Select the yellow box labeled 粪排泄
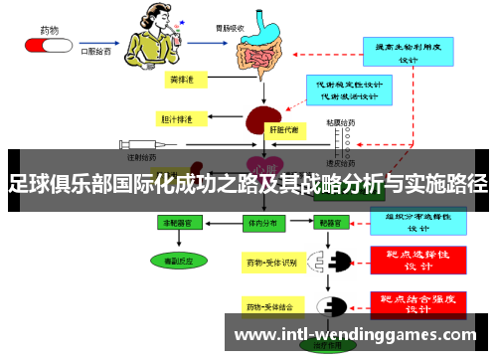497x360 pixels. tap(181, 78)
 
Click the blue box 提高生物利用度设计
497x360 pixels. tap(410, 52)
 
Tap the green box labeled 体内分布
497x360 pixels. tap(261, 225)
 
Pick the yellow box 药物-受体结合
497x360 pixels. tap(270, 307)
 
